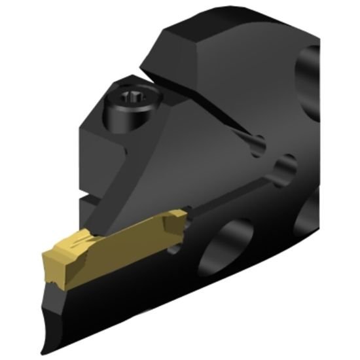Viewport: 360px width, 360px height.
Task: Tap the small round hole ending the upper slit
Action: [x=259, y=141]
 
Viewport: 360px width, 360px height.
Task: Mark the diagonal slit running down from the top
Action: [x=209, y=111]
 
